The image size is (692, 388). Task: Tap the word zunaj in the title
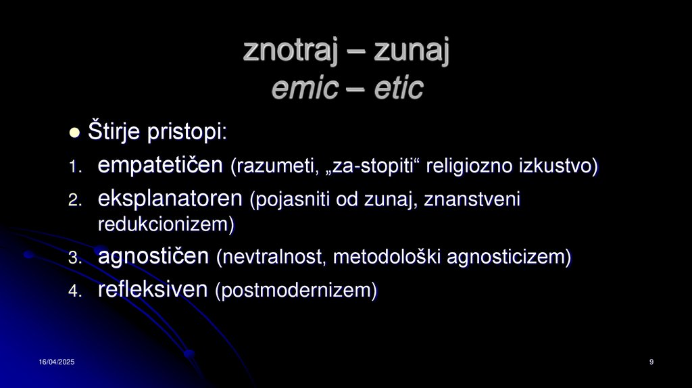pos(412,51)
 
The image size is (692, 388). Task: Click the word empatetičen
pos(161,166)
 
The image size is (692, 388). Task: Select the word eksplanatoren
pos(170,199)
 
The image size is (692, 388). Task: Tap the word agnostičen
pos(154,256)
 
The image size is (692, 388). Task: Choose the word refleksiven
pos(153,290)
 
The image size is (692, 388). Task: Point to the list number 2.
pos(74,201)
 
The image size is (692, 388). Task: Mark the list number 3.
pos(74,258)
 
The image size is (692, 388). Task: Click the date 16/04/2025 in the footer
pos(56,364)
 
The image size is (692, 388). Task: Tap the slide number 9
pos(651,364)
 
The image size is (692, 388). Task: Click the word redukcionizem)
pos(166,224)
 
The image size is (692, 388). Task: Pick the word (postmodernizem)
pos(296,291)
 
